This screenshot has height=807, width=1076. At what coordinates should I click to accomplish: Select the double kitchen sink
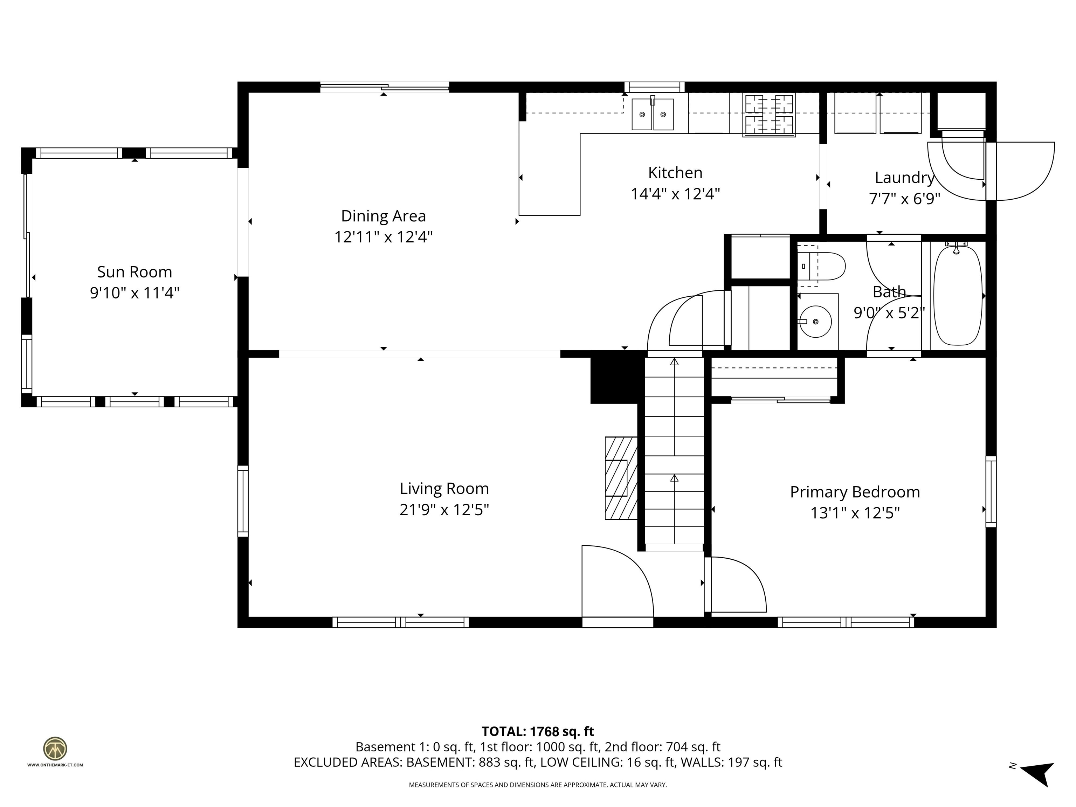click(x=652, y=114)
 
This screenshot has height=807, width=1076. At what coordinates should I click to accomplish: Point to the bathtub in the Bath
click(x=957, y=296)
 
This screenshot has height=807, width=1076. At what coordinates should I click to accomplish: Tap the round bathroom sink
click(x=816, y=322)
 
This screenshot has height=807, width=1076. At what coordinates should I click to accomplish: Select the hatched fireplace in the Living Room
click(x=621, y=478)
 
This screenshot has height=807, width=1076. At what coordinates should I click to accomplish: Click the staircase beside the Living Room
click(x=674, y=453)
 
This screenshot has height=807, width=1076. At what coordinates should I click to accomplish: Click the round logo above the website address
click(x=55, y=749)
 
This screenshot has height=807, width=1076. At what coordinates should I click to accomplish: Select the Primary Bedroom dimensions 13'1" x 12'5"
click(x=855, y=513)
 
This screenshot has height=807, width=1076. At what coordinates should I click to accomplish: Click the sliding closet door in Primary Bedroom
click(x=781, y=400)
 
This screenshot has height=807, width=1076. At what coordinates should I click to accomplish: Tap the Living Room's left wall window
click(x=243, y=501)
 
